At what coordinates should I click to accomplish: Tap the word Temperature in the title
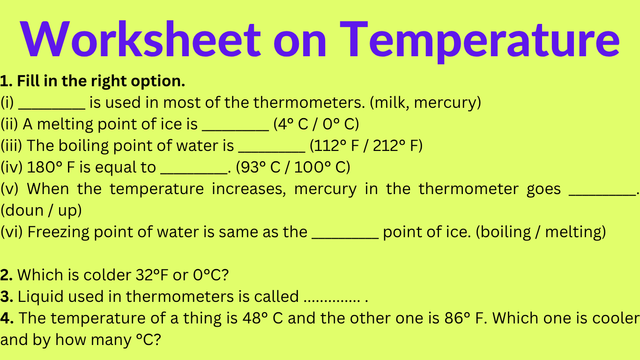[x=479, y=40]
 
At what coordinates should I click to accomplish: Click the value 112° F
[x=335, y=146]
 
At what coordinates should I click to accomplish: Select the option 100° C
[x=319, y=167]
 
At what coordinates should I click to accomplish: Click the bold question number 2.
[x=7, y=275]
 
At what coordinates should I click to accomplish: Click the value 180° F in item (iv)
[x=50, y=167]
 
